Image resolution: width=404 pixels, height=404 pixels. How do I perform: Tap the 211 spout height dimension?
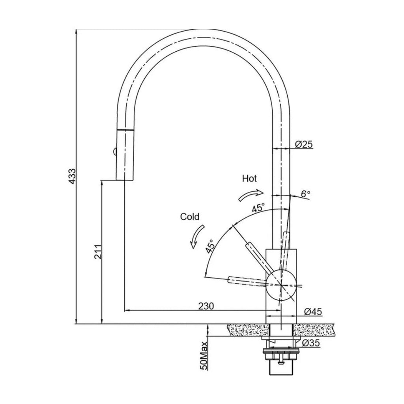[98, 252]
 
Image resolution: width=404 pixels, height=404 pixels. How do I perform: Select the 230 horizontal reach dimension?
[206, 306]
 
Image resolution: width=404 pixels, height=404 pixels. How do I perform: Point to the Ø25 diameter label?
[304, 144]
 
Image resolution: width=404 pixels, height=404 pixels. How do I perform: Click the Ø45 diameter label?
[313, 312]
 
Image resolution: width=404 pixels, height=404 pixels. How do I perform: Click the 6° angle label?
[305, 194]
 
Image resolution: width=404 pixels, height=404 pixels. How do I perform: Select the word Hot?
[249, 179]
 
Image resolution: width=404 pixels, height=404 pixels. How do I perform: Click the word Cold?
[190, 217]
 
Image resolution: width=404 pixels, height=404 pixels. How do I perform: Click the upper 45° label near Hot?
[258, 208]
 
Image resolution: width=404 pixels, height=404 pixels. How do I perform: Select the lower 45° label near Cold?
[210, 246]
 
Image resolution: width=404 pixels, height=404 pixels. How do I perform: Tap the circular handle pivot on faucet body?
[281, 285]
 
